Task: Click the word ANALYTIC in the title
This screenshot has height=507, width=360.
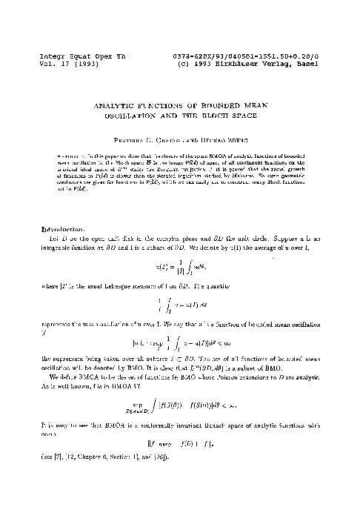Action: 110,107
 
